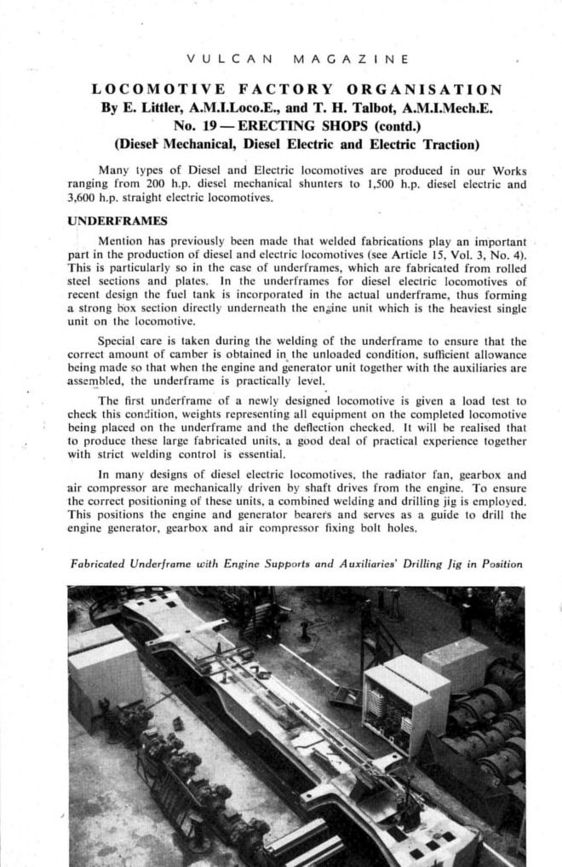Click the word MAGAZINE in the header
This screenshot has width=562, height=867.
point(349,60)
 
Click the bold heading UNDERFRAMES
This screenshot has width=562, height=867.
point(109,220)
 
